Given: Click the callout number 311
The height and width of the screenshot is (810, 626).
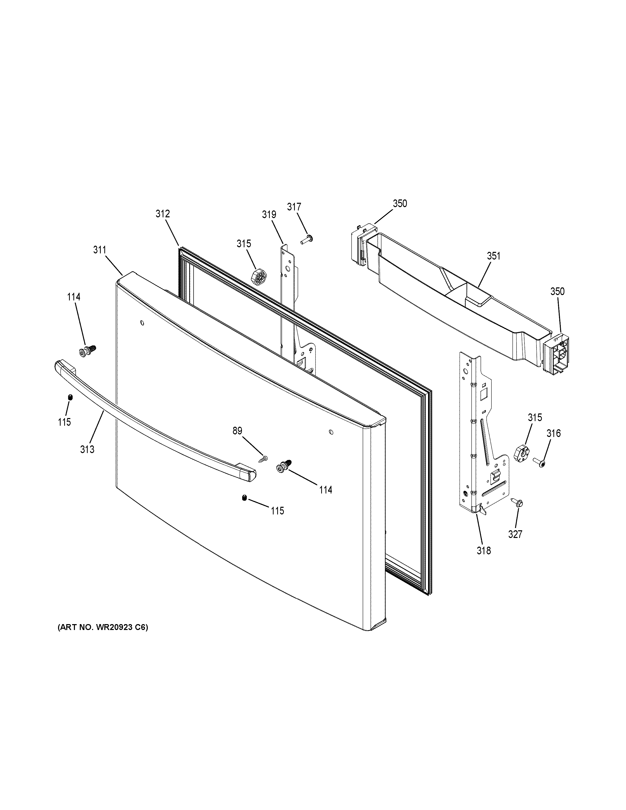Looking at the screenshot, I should tap(100, 250).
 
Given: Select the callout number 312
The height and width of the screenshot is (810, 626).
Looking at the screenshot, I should tap(162, 214).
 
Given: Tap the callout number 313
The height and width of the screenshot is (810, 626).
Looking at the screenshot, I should tap(87, 449).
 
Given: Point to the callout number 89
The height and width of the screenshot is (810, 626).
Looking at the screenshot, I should tap(237, 431).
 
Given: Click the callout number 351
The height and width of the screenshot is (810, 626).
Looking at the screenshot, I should tap(493, 256).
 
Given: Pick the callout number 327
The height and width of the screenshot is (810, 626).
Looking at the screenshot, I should tap(515, 534).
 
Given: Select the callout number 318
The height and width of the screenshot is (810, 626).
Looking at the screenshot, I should tap(484, 561).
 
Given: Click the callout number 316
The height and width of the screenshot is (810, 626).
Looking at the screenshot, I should tap(553, 433).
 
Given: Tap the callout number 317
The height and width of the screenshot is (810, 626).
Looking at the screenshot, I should tap(294, 207).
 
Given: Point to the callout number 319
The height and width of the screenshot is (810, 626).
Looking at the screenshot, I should tap(269, 214).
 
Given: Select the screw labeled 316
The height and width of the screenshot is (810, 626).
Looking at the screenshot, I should tap(539, 462).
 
